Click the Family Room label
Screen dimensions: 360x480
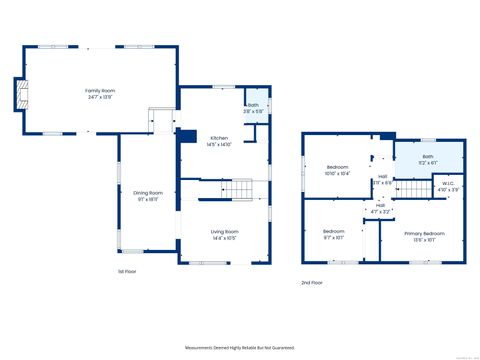[x=100, y=90]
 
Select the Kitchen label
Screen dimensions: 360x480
[x=218, y=138]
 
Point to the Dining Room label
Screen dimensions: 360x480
[x=148, y=192]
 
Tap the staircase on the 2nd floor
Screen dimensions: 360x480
[x=412, y=190]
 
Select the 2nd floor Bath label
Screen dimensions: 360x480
[x=427, y=157]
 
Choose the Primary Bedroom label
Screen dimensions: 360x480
[x=424, y=233]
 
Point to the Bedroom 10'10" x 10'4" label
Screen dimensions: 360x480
[x=337, y=167]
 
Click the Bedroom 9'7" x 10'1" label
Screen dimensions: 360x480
[x=333, y=231]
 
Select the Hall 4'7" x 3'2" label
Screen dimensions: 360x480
[x=380, y=206]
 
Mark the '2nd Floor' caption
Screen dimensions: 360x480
[x=312, y=282]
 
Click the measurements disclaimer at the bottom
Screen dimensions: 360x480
[x=240, y=347]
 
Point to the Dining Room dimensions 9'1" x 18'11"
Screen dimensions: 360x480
[x=148, y=199]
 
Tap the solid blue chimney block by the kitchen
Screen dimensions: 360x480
[x=187, y=137]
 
